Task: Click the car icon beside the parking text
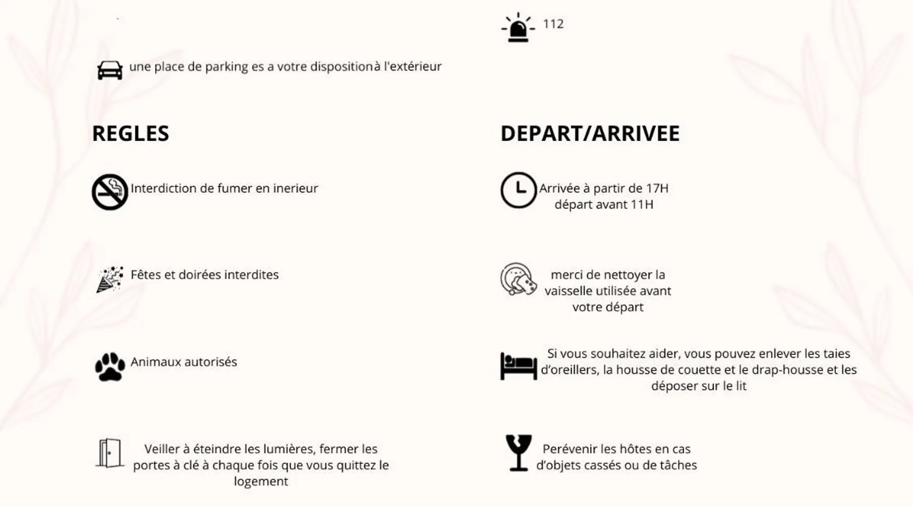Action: (x=110, y=70)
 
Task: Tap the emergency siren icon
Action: (x=518, y=27)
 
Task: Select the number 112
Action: (x=553, y=24)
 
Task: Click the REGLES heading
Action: (x=130, y=133)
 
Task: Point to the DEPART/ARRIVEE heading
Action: (x=589, y=133)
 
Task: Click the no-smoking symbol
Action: (x=110, y=192)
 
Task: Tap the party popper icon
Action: (x=110, y=279)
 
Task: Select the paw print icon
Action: (x=110, y=366)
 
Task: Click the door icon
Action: (x=110, y=453)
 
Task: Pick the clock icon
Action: (x=518, y=190)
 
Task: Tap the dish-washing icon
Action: (x=518, y=279)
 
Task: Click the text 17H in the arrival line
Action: (x=657, y=188)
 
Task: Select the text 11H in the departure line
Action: (x=642, y=204)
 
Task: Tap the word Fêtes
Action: (x=146, y=275)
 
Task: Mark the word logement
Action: (x=261, y=481)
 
